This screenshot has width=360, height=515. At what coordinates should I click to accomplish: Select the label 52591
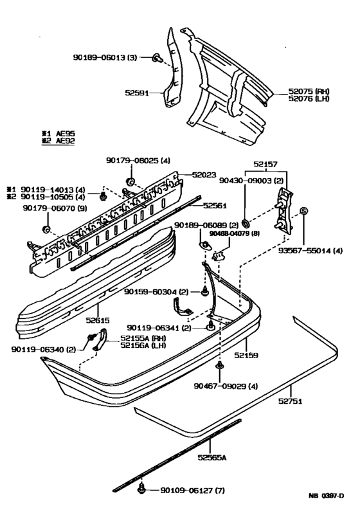click(x=136, y=93)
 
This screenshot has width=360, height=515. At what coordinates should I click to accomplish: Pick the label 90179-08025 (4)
click(x=138, y=160)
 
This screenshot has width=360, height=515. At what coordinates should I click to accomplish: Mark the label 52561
click(x=215, y=206)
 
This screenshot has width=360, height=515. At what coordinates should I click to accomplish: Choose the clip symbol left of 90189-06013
click(x=157, y=59)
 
